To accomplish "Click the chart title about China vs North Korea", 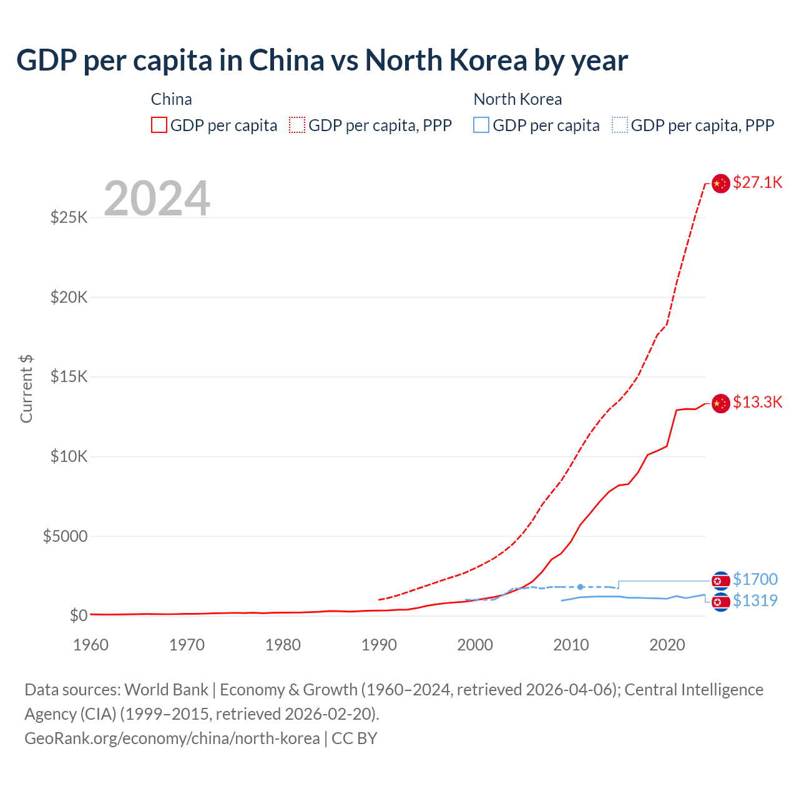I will tap(322, 61).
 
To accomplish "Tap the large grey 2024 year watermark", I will tap(157, 199).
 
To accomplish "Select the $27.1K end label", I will tap(757, 182).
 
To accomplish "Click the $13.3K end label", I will tap(757, 402).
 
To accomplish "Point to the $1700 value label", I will tap(755, 579).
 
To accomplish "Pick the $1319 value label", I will tap(755, 600).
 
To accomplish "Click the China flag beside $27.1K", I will tap(720, 184).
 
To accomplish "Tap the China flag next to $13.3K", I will tap(720, 403).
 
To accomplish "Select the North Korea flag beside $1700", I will tap(721, 581).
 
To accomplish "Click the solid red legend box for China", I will tap(159, 125).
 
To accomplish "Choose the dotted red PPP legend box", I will tap(297, 125).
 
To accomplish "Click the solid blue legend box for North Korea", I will tap(481, 125).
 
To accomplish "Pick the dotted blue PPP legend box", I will tap(620, 125).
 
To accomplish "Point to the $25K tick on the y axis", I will tap(69, 217).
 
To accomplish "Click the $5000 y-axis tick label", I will tap(65, 536).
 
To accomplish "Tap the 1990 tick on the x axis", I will tap(379, 645).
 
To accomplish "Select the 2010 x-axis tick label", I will tap(571, 645).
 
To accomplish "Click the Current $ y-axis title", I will tap(26, 388).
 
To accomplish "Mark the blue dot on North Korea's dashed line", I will tap(581, 587).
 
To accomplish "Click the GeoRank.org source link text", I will tap(172, 738).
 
